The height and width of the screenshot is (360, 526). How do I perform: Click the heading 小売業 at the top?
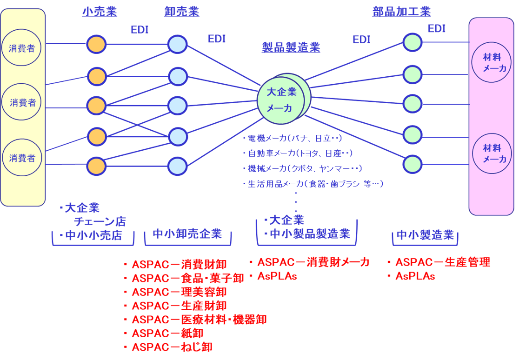[x=99, y=12]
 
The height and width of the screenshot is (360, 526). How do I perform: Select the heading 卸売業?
[x=181, y=12]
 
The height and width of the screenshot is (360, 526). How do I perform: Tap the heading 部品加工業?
[x=402, y=12]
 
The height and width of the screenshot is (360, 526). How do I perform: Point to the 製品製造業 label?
[x=291, y=47]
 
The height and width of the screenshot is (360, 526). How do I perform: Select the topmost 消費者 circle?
[x=21, y=47]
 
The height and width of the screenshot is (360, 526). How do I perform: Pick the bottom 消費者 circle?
[x=22, y=158]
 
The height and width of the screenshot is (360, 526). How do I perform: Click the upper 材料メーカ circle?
[x=492, y=62]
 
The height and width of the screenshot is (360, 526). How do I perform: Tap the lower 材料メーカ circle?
[x=492, y=153]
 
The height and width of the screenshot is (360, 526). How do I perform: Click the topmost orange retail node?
[x=97, y=45]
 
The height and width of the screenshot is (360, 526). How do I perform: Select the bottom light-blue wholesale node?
[x=177, y=166]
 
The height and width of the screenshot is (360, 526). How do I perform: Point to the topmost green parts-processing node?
[x=412, y=42]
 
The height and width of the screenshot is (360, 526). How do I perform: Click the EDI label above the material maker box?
[x=437, y=29]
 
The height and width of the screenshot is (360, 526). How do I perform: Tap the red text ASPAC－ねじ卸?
[x=172, y=347]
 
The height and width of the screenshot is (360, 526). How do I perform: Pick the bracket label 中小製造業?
[x=425, y=235]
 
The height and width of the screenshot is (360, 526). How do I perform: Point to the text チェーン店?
[x=100, y=221]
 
